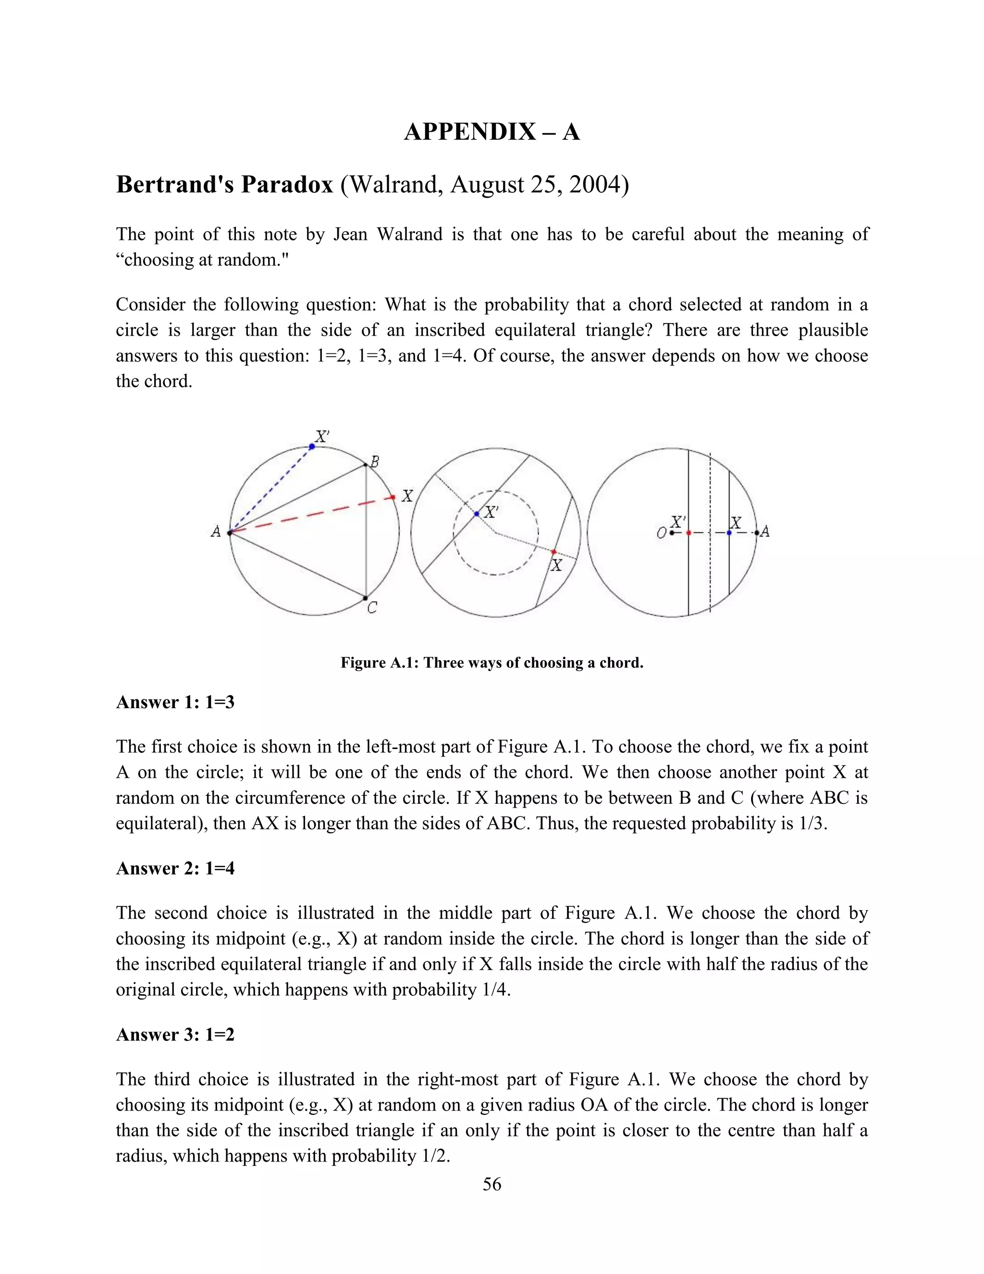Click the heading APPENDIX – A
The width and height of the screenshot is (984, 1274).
point(492,132)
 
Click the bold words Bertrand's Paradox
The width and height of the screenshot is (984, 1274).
point(224,185)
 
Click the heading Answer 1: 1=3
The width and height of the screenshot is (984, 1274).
point(175,702)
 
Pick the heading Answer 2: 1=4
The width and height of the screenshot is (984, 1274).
point(175,868)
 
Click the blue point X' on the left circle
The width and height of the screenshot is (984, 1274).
point(312,446)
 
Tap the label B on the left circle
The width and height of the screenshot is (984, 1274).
point(375,462)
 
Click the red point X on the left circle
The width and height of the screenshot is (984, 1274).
point(393,497)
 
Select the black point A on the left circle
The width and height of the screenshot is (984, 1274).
point(230,532)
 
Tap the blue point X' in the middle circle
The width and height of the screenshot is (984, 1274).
point(477,514)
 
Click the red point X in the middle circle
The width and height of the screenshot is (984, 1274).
point(554,551)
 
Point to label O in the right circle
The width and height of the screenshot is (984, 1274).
point(661,533)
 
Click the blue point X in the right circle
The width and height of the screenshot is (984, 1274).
point(729,533)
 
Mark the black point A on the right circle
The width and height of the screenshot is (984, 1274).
point(757,533)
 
